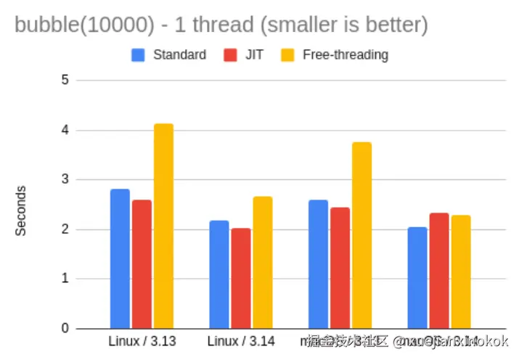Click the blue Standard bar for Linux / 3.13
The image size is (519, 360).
pos(120,258)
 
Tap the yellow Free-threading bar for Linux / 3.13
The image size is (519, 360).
pos(163,226)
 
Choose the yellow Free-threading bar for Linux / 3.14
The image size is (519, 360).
pos(262,262)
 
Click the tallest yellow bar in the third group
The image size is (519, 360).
pos(361,235)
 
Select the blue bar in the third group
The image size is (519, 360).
pos(318,264)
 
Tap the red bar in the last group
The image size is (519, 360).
pos(439,271)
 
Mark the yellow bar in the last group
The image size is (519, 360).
pos(461,271)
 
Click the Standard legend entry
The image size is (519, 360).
pos(170,54)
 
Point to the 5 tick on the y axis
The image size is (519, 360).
pos(65,80)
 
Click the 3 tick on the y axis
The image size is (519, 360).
pos(65,179)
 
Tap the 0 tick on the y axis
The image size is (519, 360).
pos(65,329)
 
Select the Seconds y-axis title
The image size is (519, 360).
pos(21,210)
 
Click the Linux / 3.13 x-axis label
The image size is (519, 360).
pos(142,341)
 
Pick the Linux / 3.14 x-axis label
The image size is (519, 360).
pos(241,341)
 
